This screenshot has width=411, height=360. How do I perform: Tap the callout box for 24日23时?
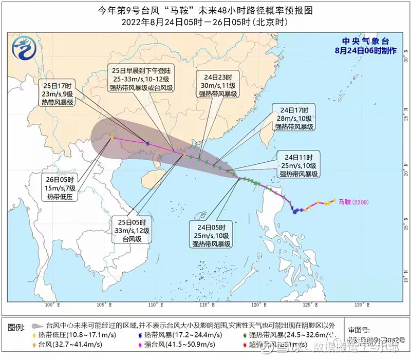click(x=218, y=84)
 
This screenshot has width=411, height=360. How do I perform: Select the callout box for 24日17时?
click(x=294, y=118)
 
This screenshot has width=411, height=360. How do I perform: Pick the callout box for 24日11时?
click(x=298, y=164)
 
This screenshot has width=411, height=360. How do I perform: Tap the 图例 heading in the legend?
click(x=17, y=327)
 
